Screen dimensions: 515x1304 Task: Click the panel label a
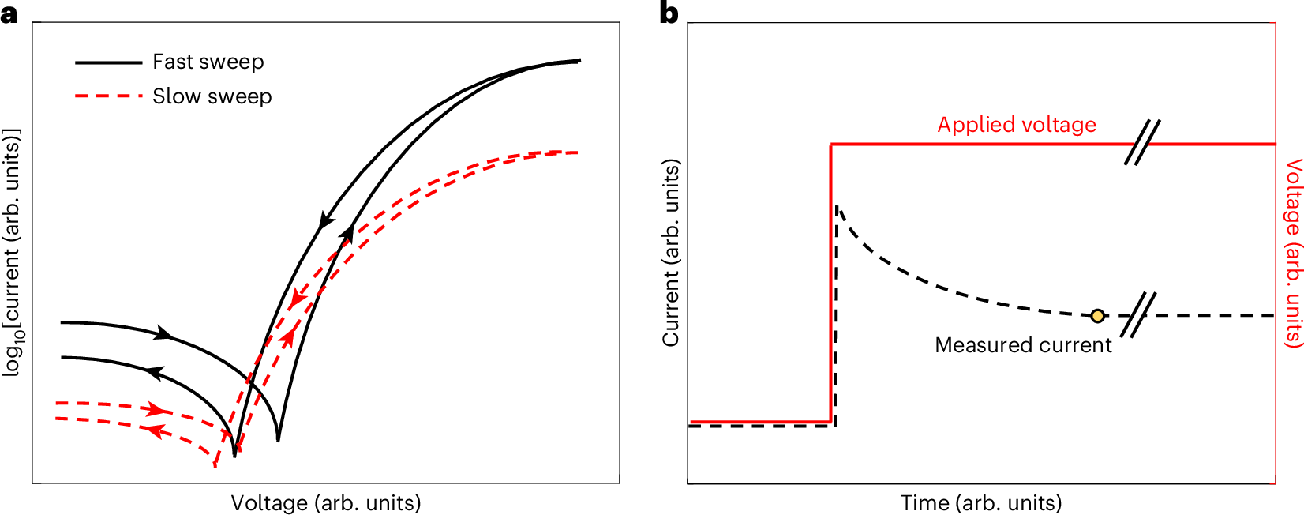(x=9, y=13)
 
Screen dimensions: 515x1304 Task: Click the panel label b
(x=669, y=13)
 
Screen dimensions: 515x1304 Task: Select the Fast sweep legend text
(x=208, y=62)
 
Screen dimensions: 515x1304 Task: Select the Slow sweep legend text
(x=212, y=96)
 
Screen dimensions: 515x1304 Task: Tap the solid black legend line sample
(x=108, y=62)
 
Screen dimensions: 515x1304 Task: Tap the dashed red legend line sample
(x=108, y=96)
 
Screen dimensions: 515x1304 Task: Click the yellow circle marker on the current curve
(x=1097, y=316)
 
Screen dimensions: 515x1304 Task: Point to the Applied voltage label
(x=1017, y=125)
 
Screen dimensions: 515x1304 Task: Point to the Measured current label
(x=1023, y=345)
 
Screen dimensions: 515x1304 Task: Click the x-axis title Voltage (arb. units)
(x=325, y=503)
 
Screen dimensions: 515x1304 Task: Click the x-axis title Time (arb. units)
(x=981, y=503)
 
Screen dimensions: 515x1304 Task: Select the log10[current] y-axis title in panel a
(x=12, y=253)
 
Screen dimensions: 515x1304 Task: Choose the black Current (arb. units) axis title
(x=671, y=253)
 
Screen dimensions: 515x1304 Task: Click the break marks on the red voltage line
(x=1142, y=143)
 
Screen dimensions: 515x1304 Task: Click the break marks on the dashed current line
(x=1138, y=315)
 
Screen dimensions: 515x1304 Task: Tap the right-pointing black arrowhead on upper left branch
(x=163, y=334)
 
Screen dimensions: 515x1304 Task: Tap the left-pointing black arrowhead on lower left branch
(x=154, y=372)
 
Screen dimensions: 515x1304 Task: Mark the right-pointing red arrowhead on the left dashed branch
(x=157, y=409)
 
